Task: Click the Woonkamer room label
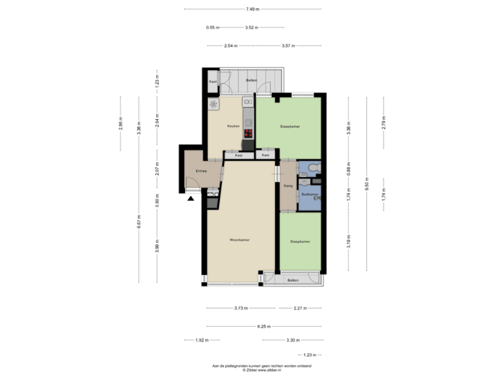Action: click(240, 239)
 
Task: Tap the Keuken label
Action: click(233, 126)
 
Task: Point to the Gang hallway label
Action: click(288, 185)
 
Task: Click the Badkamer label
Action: click(310, 194)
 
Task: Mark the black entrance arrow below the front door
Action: click(191, 199)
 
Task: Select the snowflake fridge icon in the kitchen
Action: click(213, 104)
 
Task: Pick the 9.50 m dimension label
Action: click(365, 187)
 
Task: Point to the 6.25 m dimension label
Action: click(263, 326)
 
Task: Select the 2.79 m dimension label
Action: click(383, 122)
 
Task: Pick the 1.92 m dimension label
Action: click(202, 340)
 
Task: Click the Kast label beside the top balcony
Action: click(212, 81)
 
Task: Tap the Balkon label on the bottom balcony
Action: click(293, 280)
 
